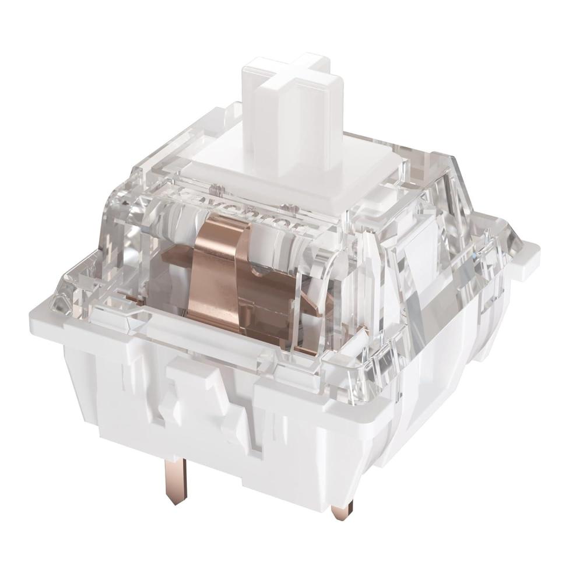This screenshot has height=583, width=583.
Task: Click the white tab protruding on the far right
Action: point(528,257)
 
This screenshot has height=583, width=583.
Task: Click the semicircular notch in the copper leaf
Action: point(257,268)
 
